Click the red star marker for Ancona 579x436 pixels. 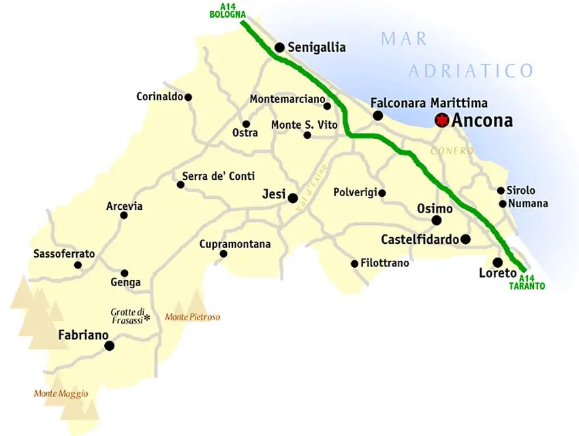tap(442, 121)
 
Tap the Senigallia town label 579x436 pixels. tap(317, 48)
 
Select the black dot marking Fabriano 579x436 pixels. tap(109, 346)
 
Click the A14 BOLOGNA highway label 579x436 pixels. tap(227, 10)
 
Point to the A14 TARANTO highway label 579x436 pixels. tap(527, 283)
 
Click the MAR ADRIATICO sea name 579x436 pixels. tap(456, 54)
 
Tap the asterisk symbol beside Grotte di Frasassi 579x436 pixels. tap(146, 317)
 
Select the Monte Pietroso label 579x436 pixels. tap(193, 317)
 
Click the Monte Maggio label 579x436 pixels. tap(61, 393)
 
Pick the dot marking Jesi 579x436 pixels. tap(293, 198)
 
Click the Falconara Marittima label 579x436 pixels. tap(429, 103)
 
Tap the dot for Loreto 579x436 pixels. tap(498, 262)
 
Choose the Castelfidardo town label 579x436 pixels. tap(419, 239)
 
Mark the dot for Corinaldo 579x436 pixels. tap(189, 97)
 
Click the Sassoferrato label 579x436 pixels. tap(64, 254)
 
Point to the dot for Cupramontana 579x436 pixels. tap(223, 254)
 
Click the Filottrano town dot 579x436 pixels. tap(354, 264)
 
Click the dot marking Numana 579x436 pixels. tap(503, 204)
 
